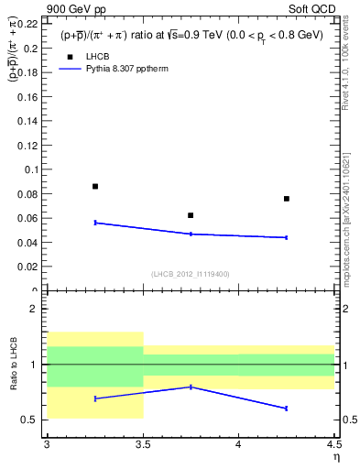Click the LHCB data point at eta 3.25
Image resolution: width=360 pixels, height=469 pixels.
(95, 186)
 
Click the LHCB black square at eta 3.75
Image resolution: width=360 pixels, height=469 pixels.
(191, 215)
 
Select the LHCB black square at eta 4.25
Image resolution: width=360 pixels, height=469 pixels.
(287, 199)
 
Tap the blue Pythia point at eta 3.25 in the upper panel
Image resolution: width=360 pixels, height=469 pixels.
(95, 223)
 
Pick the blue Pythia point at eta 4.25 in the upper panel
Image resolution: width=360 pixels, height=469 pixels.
(287, 237)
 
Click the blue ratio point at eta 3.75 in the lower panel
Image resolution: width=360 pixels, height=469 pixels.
(191, 387)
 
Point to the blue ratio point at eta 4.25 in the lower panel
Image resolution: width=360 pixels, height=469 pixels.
(287, 408)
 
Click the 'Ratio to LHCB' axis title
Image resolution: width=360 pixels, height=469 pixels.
(15, 365)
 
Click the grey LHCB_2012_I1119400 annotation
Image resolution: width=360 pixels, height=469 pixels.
(191, 273)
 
